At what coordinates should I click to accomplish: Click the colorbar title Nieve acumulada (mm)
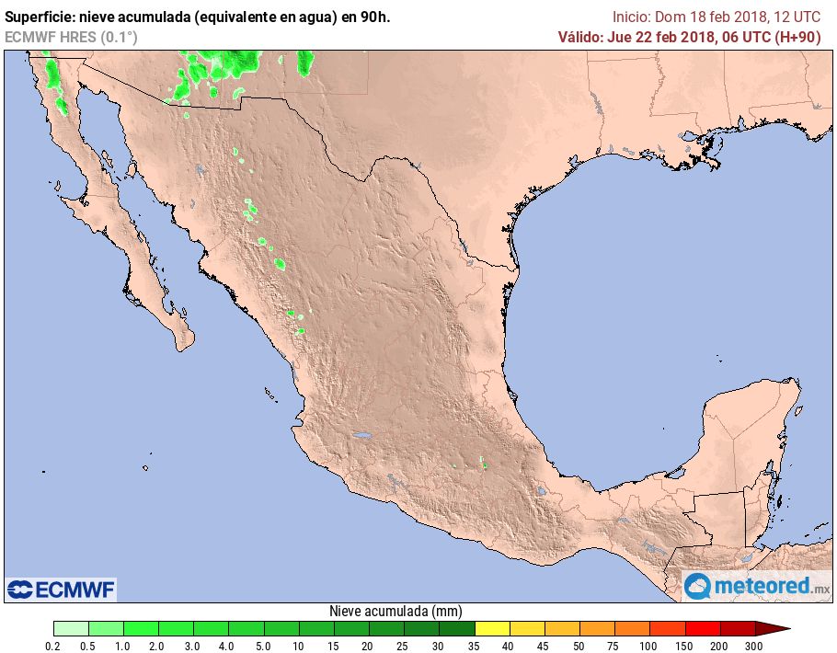[396, 611]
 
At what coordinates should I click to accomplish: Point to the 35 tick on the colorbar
[475, 647]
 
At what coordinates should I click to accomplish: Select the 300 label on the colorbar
[754, 647]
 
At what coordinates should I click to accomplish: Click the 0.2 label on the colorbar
[53, 647]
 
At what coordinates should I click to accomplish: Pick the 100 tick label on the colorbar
[649, 647]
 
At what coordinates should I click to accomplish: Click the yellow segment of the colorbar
[492, 628]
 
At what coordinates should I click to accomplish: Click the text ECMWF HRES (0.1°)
[71, 37]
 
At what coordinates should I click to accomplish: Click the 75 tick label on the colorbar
[614, 647]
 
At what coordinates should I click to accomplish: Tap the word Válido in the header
[581, 37]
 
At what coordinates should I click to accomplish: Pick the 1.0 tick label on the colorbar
[123, 647]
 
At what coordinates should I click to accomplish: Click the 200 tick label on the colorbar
[719, 647]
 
